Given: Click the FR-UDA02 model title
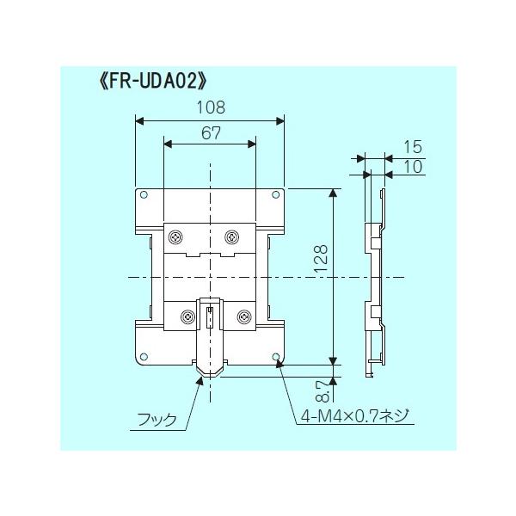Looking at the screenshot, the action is pos(152,82).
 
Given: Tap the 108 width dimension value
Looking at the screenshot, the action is pos(211,107).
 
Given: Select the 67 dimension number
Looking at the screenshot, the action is pos(211,133).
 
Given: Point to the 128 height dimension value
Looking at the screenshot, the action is pos(321,258).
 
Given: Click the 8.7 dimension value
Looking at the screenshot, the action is pos(322,390).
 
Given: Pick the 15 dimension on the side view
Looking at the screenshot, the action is pos(412,147).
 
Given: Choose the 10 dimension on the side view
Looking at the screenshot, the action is pos(412,167).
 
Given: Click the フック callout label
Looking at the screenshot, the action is pos(157,420).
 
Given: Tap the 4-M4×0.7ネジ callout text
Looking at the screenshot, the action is pos(354,416).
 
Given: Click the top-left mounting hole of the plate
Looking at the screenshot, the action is pos(144,195).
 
